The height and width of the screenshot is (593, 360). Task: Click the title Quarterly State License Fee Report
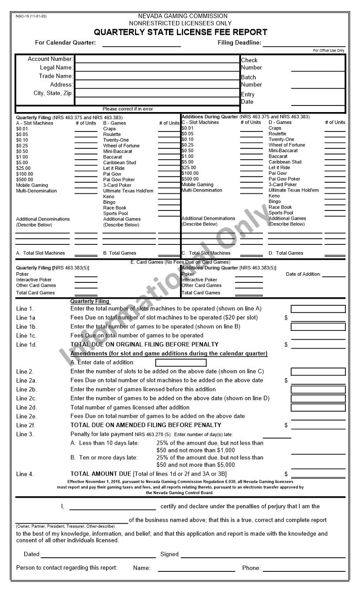pyautogui.click(x=180, y=32)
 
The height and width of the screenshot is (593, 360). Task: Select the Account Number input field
pyautogui.click(x=157, y=59)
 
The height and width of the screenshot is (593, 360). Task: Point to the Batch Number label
pyautogui.click(x=251, y=81)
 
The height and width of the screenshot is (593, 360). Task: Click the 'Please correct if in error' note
pyautogui.click(x=127, y=109)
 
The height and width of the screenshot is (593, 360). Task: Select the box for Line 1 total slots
pyautogui.click(x=318, y=309)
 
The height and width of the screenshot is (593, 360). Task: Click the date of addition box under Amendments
pyautogui.click(x=181, y=363)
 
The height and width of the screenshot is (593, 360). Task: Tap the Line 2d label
pyautogui.click(x=26, y=408)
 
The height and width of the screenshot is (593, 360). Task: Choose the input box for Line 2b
pyautogui.click(x=318, y=390)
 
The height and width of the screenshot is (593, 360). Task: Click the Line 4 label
pyautogui.click(x=25, y=474)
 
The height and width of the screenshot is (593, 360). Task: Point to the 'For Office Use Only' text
pyautogui.click(x=329, y=50)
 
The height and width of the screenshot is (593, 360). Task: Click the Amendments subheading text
pyautogui.click(x=169, y=353)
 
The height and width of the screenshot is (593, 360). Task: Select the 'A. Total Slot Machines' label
pyautogui.click(x=41, y=253)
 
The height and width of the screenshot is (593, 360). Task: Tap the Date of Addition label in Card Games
pyautogui.click(x=303, y=274)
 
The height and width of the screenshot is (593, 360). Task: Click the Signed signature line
pyautogui.click(x=263, y=555)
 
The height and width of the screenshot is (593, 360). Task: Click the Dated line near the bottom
pyautogui.click(x=98, y=555)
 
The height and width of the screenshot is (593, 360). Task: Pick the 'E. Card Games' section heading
pyautogui.click(x=180, y=262)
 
